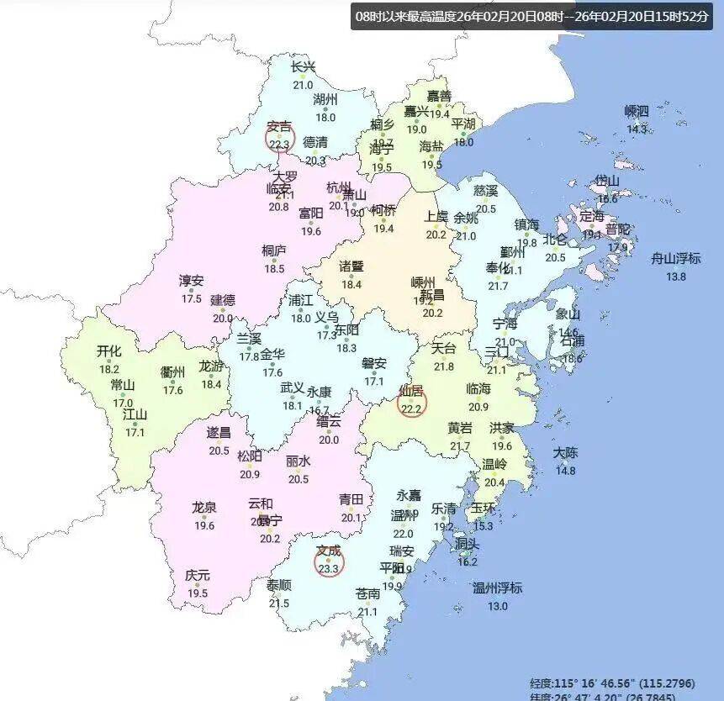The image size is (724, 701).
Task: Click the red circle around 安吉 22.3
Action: click(279, 136)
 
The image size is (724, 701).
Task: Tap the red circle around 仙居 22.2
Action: click(411, 402)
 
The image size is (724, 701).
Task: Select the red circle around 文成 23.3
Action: click(329, 561)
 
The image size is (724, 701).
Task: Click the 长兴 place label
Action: click(303, 68)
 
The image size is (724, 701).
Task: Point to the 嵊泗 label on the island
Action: click(637, 112)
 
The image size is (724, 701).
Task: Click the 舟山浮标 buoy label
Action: click(676, 259)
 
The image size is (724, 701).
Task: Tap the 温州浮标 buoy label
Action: click(497, 588)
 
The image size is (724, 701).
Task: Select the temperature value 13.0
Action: click(497, 605)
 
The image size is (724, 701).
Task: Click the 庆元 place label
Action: click(198, 576)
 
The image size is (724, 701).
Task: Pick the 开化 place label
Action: click(109, 351)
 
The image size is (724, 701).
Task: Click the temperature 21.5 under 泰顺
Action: click(279, 603)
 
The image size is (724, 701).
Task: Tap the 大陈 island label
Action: click(565, 453)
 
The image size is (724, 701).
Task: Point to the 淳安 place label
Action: click(191, 281)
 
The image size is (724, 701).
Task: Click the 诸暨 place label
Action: click(351, 266)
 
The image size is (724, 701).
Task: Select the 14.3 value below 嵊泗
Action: click(637, 129)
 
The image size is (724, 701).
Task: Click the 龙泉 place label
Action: click(204, 508)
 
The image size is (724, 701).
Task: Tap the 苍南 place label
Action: click(367, 593)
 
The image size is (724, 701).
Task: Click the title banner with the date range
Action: click(531, 17)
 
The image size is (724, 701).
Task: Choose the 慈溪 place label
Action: click(486, 192)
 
